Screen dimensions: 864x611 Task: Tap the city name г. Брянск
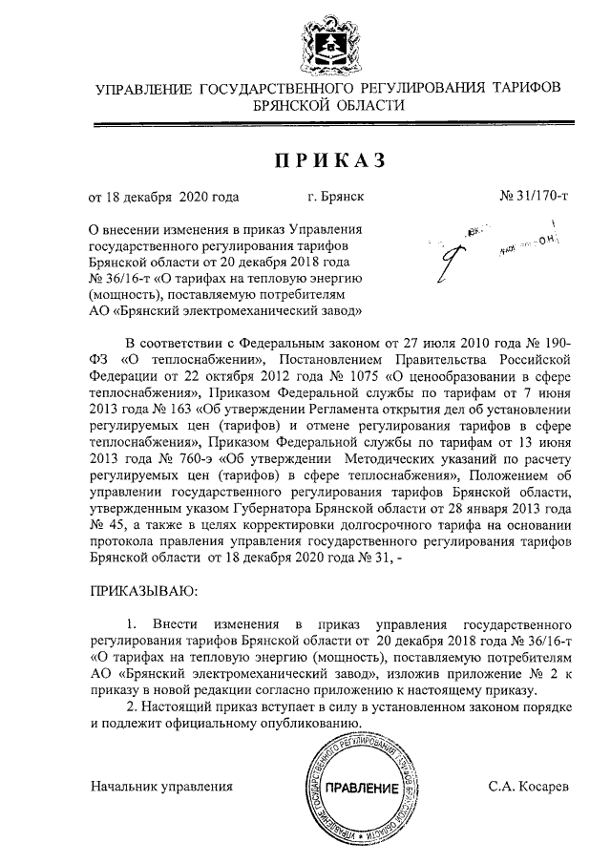[x=336, y=198]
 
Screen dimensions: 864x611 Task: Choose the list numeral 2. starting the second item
[x=132, y=706]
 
